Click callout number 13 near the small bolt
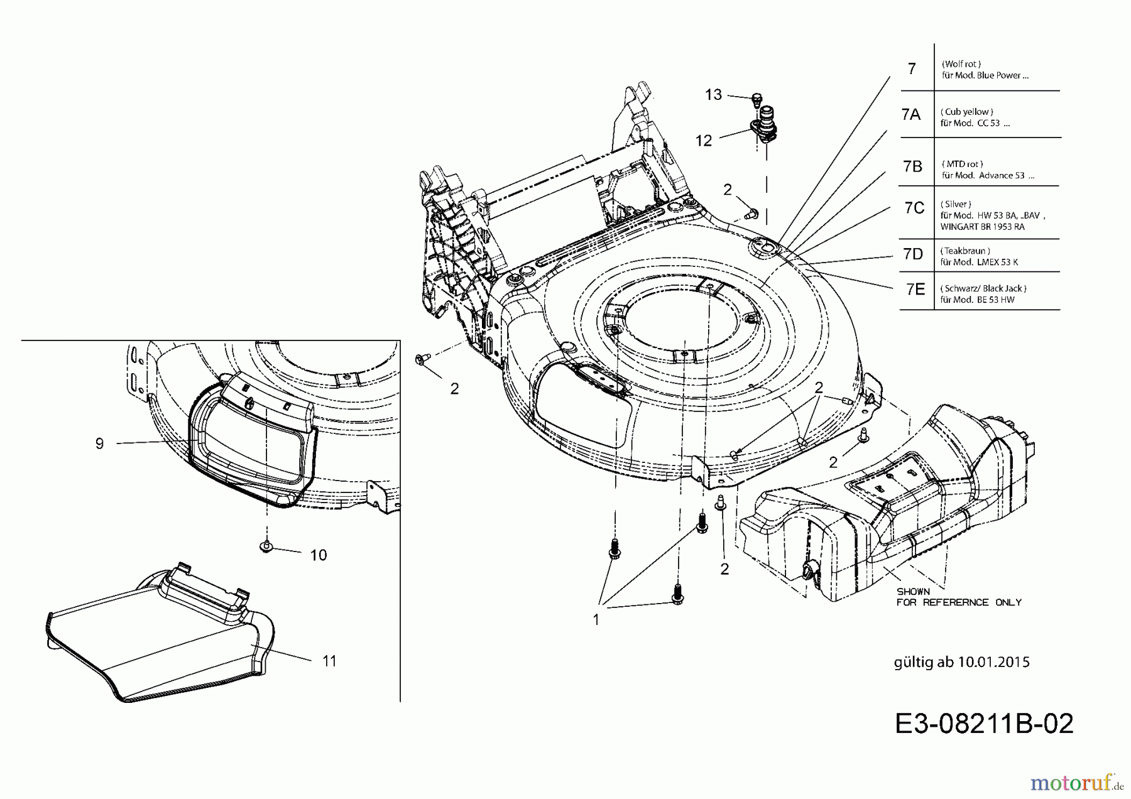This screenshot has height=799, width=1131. [x=713, y=95]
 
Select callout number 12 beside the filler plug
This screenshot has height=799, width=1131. [x=704, y=141]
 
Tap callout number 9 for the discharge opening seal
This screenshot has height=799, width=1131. [x=99, y=444]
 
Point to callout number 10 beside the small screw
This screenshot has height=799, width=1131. [x=319, y=555]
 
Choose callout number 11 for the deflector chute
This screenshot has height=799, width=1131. [x=329, y=661]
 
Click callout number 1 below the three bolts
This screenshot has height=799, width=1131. [x=596, y=620]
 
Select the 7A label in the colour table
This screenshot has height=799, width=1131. [x=910, y=114]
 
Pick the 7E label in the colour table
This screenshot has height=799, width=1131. [x=915, y=289]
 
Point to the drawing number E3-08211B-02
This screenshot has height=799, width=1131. [x=984, y=724]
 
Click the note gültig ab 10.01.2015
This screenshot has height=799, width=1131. [x=961, y=662]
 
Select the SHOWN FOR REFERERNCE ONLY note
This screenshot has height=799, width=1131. [x=958, y=597]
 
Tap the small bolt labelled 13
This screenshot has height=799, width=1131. [x=757, y=99]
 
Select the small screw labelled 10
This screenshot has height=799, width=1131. [x=266, y=546]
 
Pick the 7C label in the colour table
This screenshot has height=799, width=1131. [x=914, y=208]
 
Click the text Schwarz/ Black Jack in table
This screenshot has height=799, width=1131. [x=983, y=288]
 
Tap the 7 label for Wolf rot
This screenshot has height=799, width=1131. [x=912, y=68]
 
